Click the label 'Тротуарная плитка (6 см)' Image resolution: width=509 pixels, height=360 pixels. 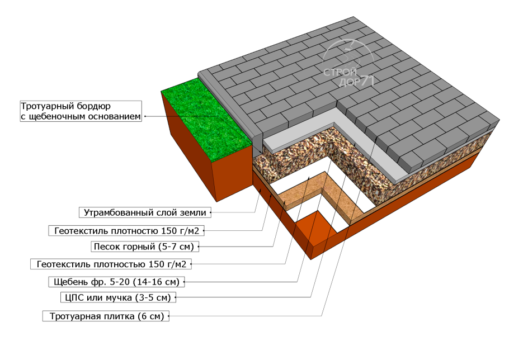tap(106, 316)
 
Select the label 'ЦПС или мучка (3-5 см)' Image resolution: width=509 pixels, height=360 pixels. tap(118, 297)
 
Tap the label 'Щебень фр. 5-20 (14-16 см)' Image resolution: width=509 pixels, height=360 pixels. tap(116, 282)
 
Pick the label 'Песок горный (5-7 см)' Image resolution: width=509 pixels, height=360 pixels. tap(144, 247)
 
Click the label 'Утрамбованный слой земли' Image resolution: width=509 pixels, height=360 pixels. tap(145, 212)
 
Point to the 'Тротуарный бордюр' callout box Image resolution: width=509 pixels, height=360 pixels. tap(81, 111)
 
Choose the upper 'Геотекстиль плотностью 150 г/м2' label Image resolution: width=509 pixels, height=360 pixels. tap(126, 231)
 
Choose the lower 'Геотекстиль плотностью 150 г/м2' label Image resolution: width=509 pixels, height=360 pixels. tap(111, 264)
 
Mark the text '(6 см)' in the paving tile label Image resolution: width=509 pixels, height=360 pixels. tap(150, 316)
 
